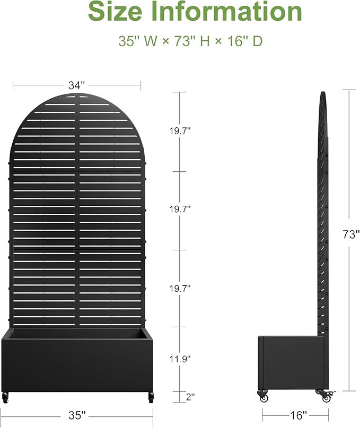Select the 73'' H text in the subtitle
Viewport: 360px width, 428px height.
pyautogui.click(x=191, y=41)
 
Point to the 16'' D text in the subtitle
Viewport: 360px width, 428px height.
pyautogui.click(x=244, y=41)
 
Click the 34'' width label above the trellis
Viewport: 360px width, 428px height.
pyautogui.click(x=76, y=85)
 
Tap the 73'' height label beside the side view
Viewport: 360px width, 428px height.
pyautogui.click(x=351, y=234)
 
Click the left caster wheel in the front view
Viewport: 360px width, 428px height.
pyautogui.click(x=6, y=396)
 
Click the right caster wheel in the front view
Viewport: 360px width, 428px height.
pyautogui.click(x=151, y=396)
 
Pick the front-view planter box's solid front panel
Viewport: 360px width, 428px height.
pyautogui.click(x=77, y=366)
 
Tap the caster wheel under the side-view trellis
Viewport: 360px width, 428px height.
pyautogui.click(x=322, y=394)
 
